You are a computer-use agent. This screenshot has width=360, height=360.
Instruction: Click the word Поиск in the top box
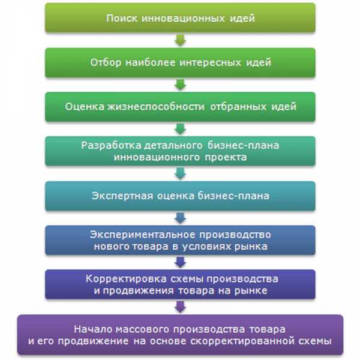point(122,18)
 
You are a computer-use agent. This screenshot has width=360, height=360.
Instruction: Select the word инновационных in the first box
point(183,18)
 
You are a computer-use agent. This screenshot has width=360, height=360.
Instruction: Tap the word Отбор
point(106,62)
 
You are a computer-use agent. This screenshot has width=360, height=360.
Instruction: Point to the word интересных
point(211,62)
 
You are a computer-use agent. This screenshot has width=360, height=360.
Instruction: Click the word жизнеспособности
point(155,107)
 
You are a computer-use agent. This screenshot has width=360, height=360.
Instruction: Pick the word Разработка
point(111,145)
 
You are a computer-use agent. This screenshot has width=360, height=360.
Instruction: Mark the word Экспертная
point(122,196)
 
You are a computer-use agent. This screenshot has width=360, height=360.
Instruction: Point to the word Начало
point(93,329)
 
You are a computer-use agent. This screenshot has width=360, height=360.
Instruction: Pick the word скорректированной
point(242,341)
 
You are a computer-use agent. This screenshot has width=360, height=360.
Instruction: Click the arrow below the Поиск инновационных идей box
point(180,40)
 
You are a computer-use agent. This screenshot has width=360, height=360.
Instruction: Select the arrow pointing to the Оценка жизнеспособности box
point(180,84)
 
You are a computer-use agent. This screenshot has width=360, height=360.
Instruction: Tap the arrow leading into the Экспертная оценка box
point(180,173)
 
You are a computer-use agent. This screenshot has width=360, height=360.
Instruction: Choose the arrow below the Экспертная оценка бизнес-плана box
point(180,218)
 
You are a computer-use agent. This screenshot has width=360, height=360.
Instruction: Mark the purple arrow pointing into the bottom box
point(180,307)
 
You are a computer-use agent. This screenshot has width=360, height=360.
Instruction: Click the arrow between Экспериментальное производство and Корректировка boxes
point(180,262)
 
